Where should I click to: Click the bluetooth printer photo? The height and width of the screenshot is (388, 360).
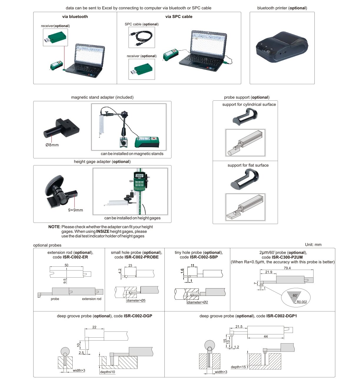point(282,47)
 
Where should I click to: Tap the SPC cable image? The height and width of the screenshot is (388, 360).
point(141,37)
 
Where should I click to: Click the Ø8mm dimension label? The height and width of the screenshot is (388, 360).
point(52,145)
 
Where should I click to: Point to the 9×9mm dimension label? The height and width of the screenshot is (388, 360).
point(75,210)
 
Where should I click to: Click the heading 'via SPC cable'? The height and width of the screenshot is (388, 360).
point(179,16)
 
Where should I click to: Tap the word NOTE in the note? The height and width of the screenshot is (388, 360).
point(54,227)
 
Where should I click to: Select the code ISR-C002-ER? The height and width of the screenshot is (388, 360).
point(75,257)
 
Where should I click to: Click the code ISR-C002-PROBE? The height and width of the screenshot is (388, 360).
point(141,257)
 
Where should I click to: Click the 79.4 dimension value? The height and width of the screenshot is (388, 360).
point(287,268)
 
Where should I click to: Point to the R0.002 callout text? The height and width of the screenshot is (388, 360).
point(302,302)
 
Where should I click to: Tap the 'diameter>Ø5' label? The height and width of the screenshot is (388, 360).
point(136,301)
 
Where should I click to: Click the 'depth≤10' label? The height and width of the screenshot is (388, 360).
point(107,372)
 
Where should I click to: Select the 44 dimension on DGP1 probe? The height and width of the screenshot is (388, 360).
point(266,336)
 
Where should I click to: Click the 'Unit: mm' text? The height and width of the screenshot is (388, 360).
point(313,245)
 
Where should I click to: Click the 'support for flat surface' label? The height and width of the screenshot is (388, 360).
point(248,165)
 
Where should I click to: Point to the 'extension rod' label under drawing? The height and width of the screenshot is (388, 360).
point(91,299)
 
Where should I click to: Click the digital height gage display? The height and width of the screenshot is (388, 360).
point(139,175)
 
